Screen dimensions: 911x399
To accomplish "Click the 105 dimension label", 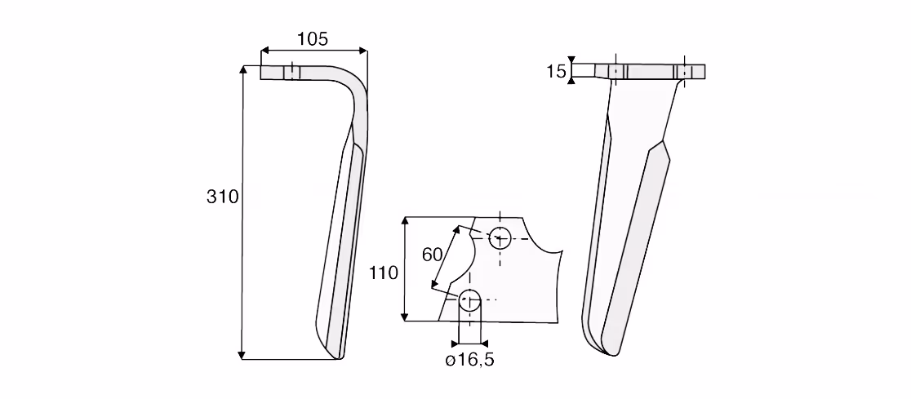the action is (313, 39).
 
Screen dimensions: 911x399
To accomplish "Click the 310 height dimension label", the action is (223, 197).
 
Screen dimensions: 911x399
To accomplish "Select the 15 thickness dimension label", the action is (556, 72).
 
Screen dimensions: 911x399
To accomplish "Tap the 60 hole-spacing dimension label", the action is (433, 255).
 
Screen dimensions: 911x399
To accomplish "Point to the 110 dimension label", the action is (384, 273).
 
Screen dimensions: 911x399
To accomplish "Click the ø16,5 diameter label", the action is (470, 360).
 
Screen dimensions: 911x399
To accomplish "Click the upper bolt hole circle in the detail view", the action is (500, 238).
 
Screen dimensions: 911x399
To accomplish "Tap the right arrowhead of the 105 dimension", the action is (363, 51).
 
